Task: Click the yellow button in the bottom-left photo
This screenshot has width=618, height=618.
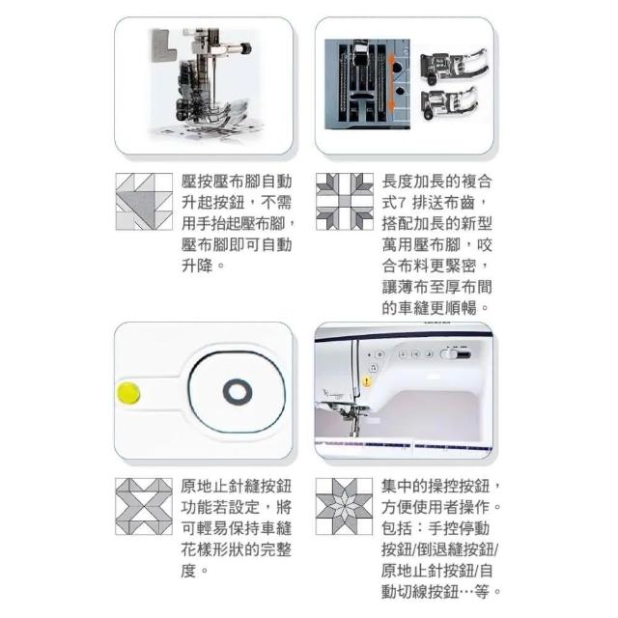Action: pos(128,393)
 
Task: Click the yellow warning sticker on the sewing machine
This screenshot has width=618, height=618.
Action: pos(367,381)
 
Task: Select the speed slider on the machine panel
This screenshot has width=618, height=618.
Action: pos(456,354)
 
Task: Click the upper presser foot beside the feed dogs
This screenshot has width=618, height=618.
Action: pos(453,65)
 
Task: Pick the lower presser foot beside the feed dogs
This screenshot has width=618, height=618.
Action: pos(449,102)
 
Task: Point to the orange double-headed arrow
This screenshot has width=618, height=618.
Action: pos(391,82)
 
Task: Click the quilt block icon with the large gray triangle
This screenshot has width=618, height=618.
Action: pos(144,202)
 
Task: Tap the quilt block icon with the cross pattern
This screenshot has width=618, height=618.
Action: pos(345,202)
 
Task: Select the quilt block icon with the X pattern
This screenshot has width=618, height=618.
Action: pos(144,506)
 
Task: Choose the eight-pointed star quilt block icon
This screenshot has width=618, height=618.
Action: pos(344,506)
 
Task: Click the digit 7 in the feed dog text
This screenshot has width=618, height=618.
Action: pos(402,204)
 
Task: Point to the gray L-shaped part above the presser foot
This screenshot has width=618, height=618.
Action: pos(162,45)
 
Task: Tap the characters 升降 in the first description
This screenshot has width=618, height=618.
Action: pos(197,266)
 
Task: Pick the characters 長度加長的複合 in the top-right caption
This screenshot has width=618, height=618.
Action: pos(436,182)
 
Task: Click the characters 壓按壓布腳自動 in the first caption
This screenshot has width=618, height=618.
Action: pos(237,182)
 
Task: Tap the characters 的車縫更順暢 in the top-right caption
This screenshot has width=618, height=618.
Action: pos(429,308)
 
